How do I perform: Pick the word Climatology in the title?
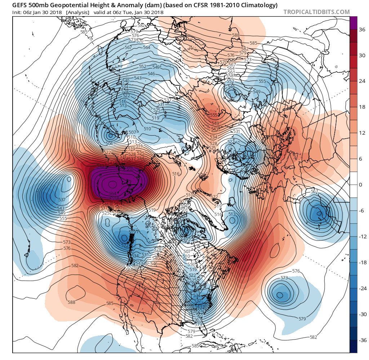(258, 5)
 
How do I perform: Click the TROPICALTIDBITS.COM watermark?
(316, 12)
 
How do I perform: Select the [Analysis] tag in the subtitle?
(77, 12)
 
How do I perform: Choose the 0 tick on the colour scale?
(361, 185)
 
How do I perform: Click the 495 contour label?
(187, 239)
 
